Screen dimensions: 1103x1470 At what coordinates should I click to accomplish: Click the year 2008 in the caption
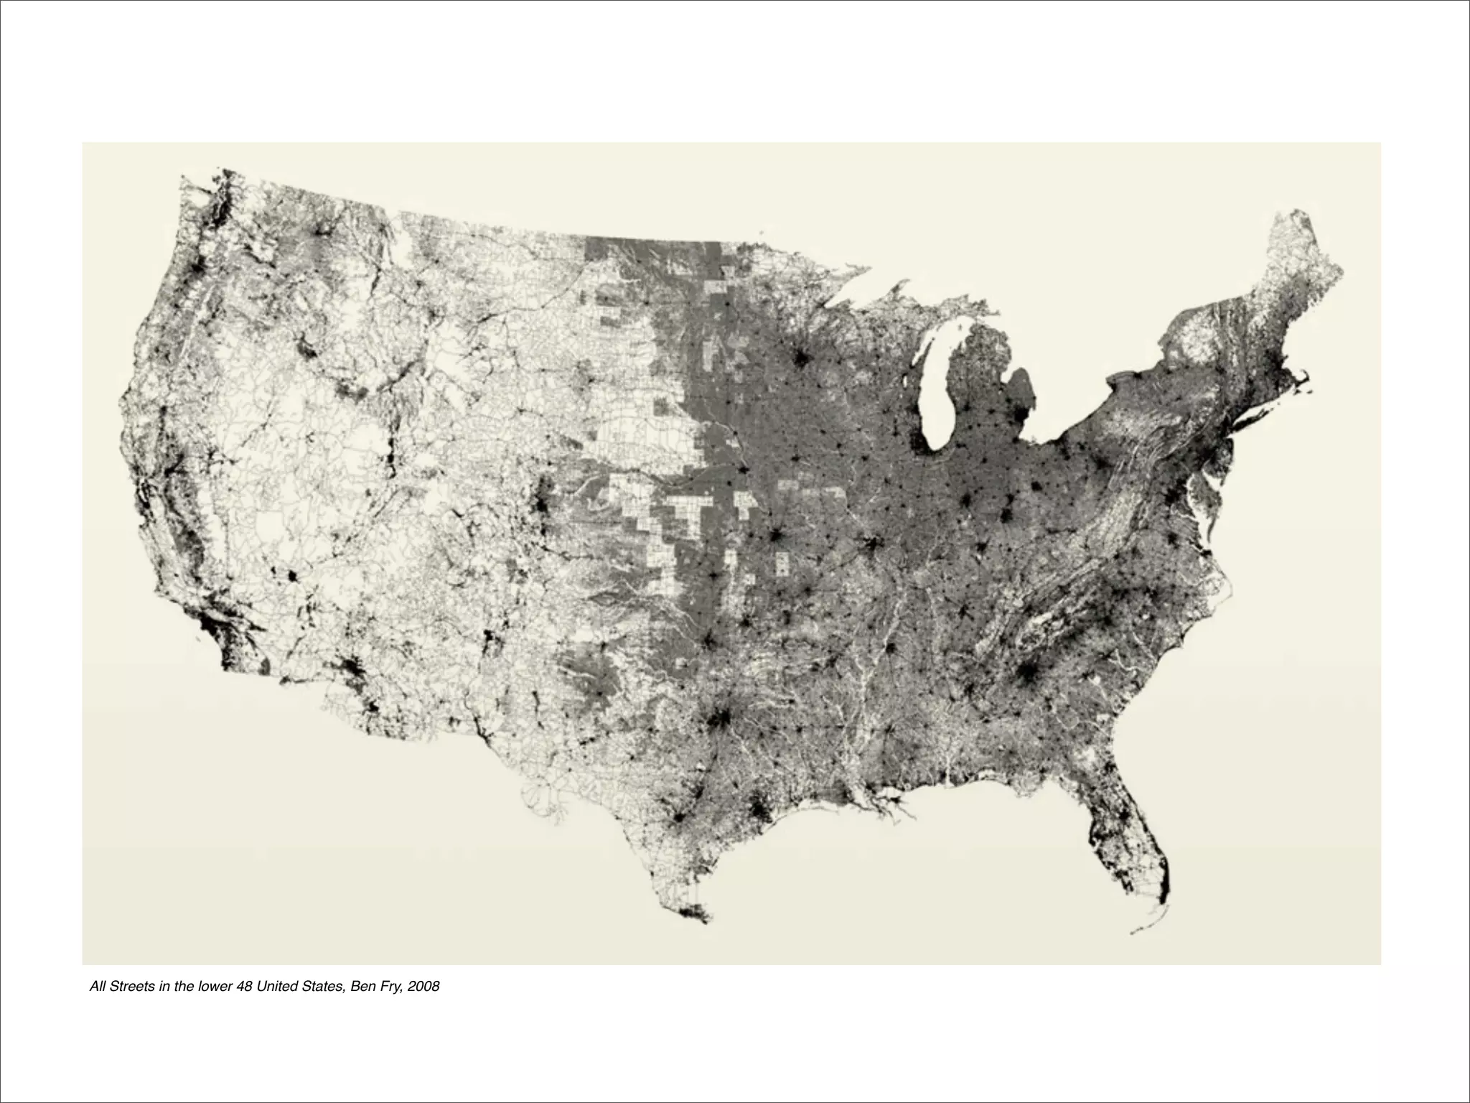(423, 987)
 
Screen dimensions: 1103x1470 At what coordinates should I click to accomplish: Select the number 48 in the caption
(245, 987)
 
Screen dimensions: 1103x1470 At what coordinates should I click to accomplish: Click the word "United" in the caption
(277, 987)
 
